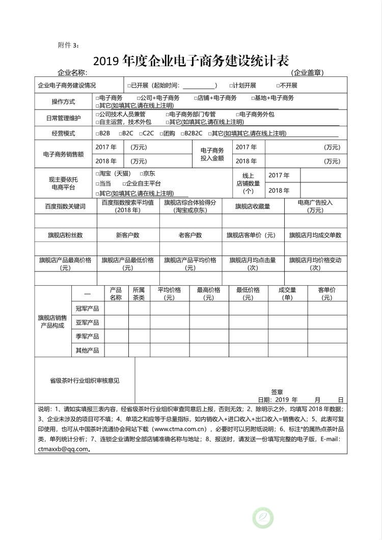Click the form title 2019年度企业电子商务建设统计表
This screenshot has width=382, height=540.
[191, 61]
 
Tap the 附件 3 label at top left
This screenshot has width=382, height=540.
[68, 45]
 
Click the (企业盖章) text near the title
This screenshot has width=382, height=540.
[307, 73]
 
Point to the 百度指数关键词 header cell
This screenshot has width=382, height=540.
[65, 206]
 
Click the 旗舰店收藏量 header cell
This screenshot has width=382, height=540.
[253, 206]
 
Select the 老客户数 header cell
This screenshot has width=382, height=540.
[190, 235]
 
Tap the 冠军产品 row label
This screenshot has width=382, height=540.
[87, 309]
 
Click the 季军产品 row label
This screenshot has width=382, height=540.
[87, 336]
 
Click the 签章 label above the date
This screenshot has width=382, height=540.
[277, 392]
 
